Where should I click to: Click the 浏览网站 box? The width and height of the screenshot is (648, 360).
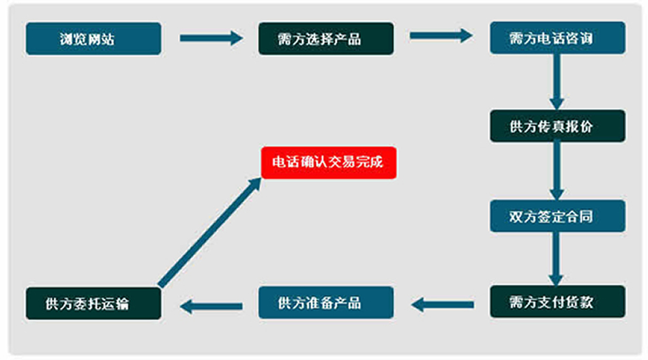(93, 39)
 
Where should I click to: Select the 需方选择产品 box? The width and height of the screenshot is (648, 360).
(325, 39)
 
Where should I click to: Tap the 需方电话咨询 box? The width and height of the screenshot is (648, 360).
(557, 39)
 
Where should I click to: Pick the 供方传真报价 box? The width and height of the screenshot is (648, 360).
(557, 126)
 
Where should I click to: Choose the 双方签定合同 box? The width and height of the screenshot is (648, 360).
(557, 216)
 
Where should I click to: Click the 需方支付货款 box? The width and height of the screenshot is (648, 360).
(557, 302)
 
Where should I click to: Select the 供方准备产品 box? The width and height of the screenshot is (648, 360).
(325, 302)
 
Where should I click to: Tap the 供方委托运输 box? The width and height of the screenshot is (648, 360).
(93, 303)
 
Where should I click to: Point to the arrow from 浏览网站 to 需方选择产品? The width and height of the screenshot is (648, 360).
(210, 38)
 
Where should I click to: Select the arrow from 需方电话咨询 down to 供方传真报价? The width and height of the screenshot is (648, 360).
(557, 82)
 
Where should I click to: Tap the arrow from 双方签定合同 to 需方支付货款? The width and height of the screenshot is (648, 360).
(557, 259)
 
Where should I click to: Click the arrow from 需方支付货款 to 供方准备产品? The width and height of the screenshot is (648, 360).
(443, 303)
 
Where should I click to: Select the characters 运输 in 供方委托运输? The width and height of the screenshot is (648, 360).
(117, 303)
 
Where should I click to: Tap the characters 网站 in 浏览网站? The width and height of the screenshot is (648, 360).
(104, 39)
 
